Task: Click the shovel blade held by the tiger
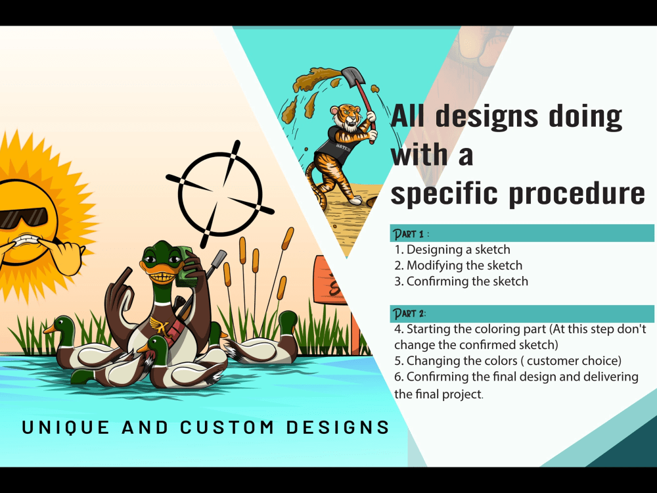click(349, 78)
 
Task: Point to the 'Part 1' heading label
click(410, 233)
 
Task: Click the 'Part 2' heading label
click(409, 313)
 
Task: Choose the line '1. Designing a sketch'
click(452, 250)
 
